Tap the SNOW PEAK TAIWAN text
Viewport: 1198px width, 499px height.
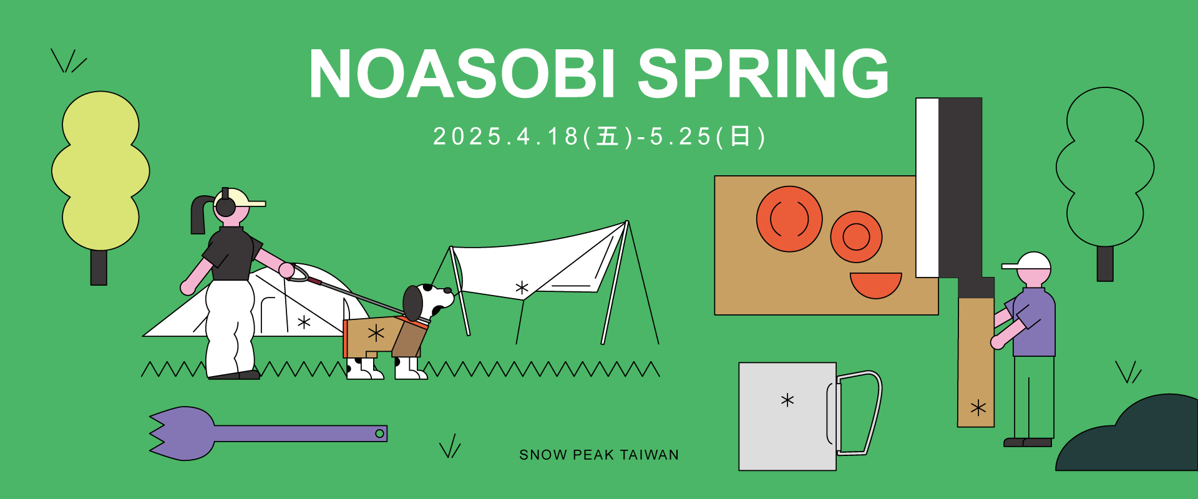click(599, 455)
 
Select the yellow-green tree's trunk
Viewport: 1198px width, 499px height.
click(99, 267)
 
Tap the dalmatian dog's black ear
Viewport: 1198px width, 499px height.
click(413, 303)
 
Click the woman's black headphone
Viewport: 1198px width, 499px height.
click(225, 205)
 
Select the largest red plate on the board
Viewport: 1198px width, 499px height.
click(789, 219)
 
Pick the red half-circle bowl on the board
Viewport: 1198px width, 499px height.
click(875, 284)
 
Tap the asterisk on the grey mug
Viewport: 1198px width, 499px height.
click(787, 400)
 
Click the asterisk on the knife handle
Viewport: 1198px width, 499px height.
click(978, 409)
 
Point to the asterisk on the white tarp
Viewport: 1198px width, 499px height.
click(522, 288)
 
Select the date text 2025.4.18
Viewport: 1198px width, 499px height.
click(507, 137)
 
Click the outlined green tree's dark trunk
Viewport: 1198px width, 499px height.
click(1105, 263)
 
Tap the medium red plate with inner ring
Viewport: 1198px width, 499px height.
click(856, 237)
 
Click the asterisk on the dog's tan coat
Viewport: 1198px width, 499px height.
click(376, 333)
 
